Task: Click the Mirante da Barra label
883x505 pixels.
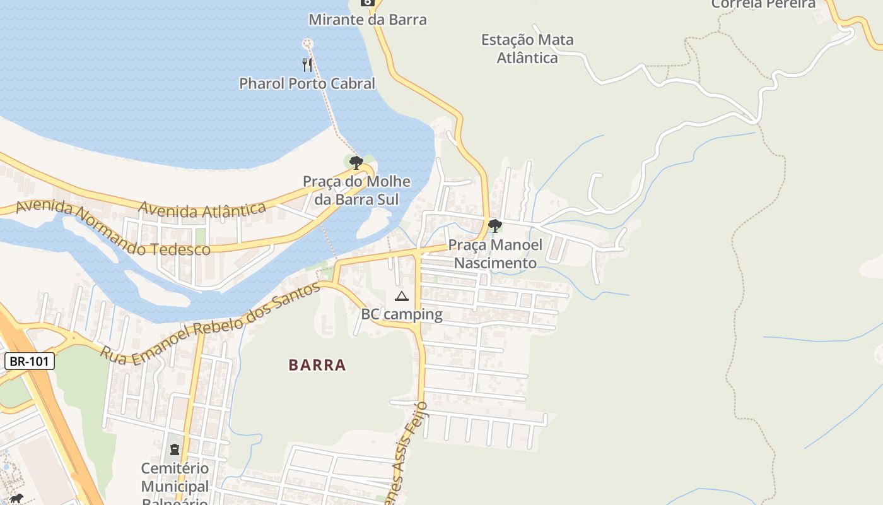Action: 367,20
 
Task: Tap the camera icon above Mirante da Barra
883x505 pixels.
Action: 367,3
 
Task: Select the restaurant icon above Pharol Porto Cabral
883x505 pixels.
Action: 307,64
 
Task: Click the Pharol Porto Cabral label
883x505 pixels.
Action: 307,83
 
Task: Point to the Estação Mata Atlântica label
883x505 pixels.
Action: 527,49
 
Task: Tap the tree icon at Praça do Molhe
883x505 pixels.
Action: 356,163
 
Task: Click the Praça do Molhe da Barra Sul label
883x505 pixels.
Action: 356,191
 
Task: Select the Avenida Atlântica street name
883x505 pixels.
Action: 202,209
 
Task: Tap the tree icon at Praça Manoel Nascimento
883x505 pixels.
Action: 495,226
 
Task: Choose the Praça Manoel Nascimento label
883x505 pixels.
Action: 495,254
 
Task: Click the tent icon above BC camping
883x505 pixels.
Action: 401,296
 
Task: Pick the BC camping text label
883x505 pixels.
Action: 401,314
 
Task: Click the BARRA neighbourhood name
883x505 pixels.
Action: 317,365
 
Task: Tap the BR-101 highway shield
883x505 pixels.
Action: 30,362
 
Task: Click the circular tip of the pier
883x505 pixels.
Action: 307,44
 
